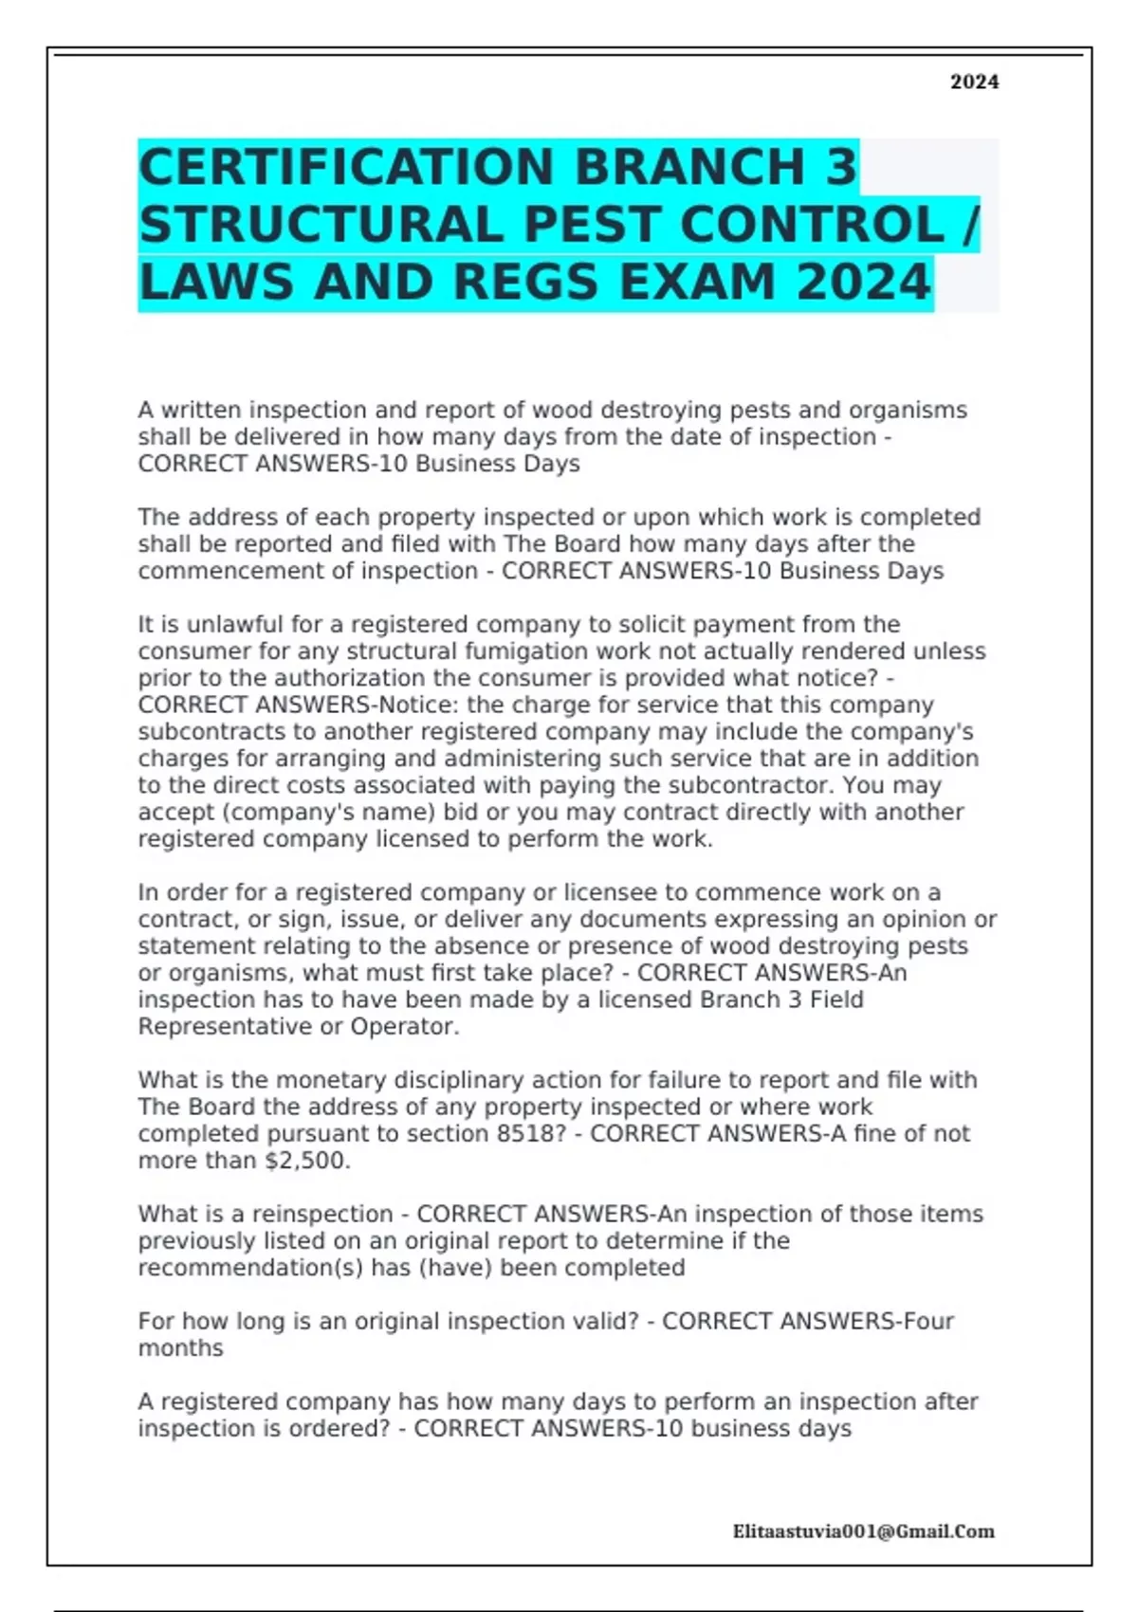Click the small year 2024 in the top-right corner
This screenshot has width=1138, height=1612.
[x=974, y=82]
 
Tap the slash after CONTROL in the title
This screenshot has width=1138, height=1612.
[x=968, y=226]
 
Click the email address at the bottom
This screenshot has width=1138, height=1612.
[x=863, y=1531]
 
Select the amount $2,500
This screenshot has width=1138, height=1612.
[x=307, y=1161]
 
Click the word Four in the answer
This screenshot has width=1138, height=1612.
[x=928, y=1322]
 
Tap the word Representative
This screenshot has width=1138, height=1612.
[x=225, y=1027]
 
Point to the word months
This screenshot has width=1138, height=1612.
[x=180, y=1348]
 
